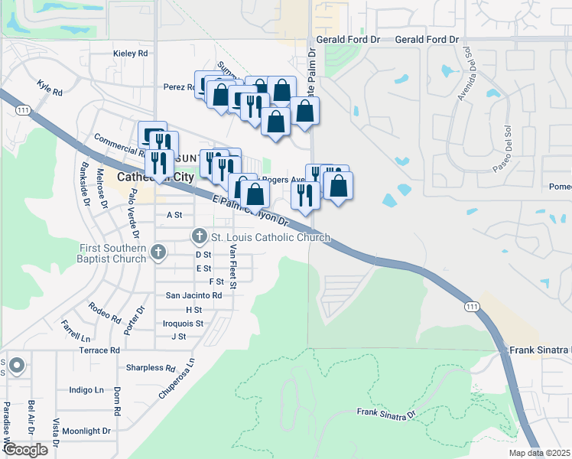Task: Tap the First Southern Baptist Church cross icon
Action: click(x=158, y=251)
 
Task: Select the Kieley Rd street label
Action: click(x=129, y=54)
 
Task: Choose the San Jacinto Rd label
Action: click(x=194, y=295)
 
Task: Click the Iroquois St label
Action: click(x=184, y=324)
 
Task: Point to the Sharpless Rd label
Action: click(x=150, y=367)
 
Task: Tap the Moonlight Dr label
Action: click(x=86, y=431)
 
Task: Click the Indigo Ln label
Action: click(x=86, y=389)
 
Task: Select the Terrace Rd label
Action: click(x=99, y=350)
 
